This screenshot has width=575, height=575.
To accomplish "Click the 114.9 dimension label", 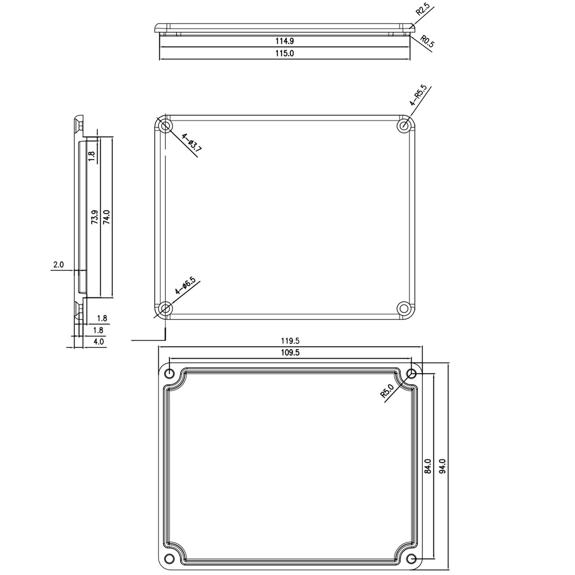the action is click(x=284, y=41).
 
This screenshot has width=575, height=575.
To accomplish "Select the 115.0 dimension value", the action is click(x=284, y=53).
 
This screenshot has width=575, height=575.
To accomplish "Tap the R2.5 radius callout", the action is click(x=422, y=9).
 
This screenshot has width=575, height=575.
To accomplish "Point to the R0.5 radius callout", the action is click(x=427, y=41).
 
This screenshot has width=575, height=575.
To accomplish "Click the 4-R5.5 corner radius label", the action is click(x=418, y=96).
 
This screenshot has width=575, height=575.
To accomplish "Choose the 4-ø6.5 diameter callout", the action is click(x=185, y=285).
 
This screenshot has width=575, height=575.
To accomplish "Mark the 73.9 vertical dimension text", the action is click(x=95, y=217).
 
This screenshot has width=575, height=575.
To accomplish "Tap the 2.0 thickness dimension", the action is click(x=58, y=265).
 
